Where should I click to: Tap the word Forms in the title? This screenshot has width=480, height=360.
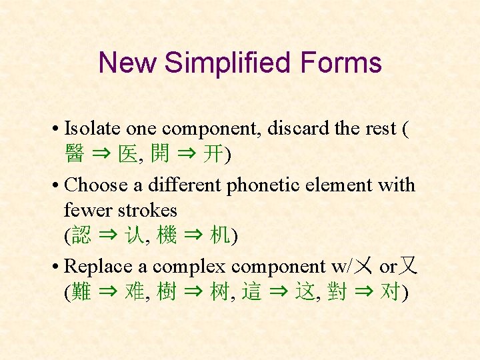(x=341, y=63)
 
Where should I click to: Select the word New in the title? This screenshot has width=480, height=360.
(x=127, y=63)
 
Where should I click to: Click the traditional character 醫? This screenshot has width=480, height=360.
(x=74, y=155)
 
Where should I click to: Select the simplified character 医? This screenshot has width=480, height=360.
(x=127, y=155)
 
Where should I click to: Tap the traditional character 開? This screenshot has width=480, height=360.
(x=159, y=155)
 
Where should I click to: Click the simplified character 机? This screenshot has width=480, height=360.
(x=220, y=235)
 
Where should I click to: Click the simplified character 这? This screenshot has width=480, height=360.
(x=305, y=292)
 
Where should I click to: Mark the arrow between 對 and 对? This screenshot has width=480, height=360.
(x=363, y=292)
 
